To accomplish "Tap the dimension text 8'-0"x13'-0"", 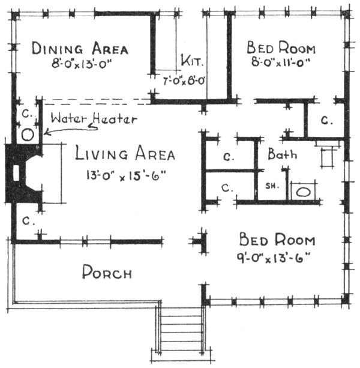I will point(80,61).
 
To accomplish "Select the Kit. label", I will point(193,61).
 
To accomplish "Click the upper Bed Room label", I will point(281,47).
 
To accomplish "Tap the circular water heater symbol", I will point(28,134).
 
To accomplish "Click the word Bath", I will point(282,155).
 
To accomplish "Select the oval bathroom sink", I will point(304,192).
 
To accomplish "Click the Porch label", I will point(106,273).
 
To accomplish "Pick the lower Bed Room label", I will point(277,241).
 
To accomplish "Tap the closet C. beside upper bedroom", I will point(326,122).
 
